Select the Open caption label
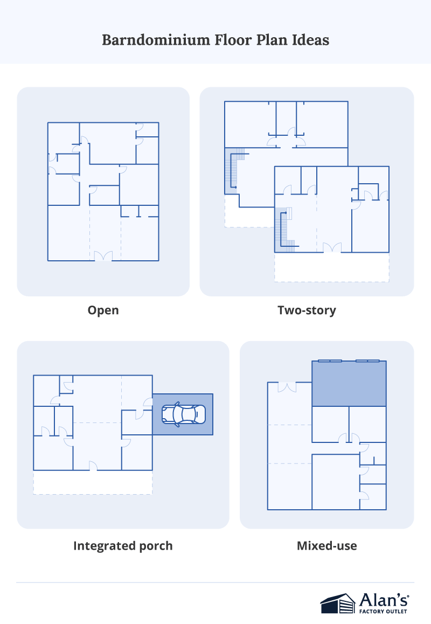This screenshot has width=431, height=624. click(x=103, y=310)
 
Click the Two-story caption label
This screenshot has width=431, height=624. click(x=307, y=310)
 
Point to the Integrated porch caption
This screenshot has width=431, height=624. click(x=123, y=546)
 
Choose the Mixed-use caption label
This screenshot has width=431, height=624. click(x=326, y=546)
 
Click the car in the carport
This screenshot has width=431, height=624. click(x=183, y=414)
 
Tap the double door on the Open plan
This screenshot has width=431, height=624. click(x=103, y=256)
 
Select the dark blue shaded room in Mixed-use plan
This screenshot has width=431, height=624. click(x=349, y=384)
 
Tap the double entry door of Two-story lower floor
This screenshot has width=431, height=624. click(x=332, y=248)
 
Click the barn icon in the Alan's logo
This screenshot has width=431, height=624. click(x=338, y=604)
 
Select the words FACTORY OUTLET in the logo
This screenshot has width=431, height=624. click(x=384, y=611)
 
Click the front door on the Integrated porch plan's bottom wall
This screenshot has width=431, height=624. click(x=93, y=466)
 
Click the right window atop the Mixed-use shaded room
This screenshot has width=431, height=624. click(x=367, y=360)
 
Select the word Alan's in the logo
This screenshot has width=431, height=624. click(x=384, y=599)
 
